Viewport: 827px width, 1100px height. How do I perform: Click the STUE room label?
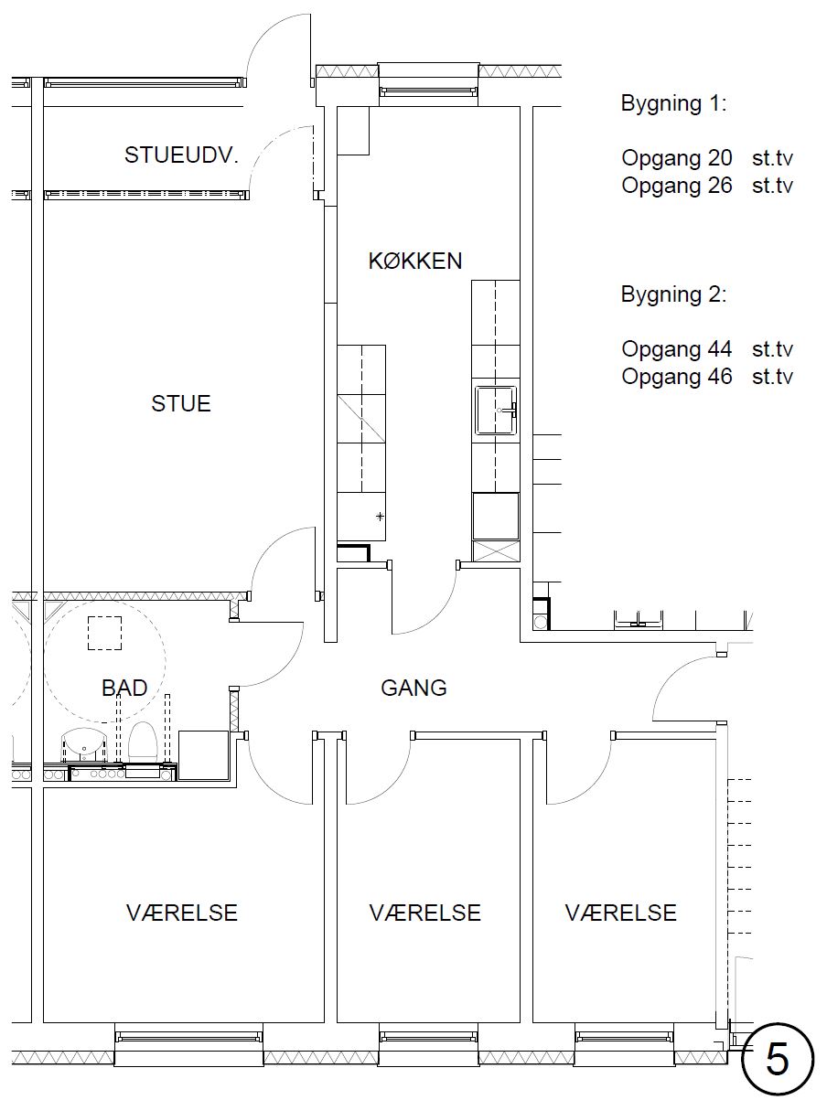point(181,404)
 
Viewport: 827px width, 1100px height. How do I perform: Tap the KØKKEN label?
point(415,262)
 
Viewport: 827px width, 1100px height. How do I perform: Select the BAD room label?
point(124,688)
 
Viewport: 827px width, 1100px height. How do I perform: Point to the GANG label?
point(413,688)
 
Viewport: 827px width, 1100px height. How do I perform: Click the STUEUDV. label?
point(181,155)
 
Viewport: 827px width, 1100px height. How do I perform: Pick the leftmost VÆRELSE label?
point(182,913)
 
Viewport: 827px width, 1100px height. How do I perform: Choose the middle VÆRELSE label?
point(425,913)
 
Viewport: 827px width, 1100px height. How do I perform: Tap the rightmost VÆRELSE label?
point(621,913)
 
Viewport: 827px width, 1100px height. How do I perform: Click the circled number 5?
point(777,1061)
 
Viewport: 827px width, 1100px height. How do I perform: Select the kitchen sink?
point(496,410)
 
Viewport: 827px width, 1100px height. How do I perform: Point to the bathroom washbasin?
point(83,745)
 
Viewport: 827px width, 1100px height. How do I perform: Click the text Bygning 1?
point(673,103)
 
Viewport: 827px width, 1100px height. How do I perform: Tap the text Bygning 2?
point(673,294)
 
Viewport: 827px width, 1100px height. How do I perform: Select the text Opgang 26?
point(677,186)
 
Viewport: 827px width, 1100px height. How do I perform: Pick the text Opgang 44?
point(677,349)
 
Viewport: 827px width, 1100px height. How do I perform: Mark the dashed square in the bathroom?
point(105,633)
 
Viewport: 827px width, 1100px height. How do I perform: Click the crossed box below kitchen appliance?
point(496,551)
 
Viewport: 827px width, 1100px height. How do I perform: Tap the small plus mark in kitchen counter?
point(381,516)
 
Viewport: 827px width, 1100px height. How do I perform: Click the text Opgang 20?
point(677,158)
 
